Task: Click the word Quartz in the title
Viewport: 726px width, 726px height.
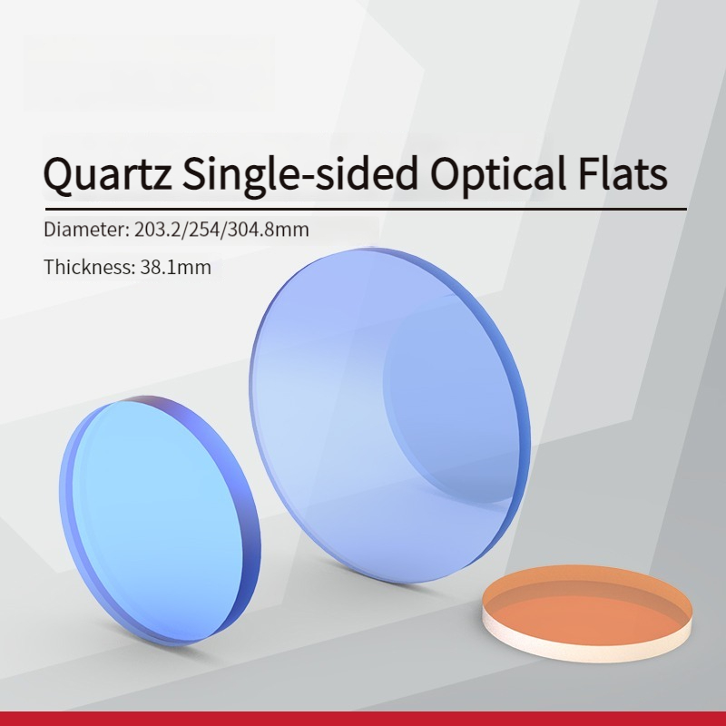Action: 107,174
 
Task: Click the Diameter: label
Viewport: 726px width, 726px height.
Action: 86,230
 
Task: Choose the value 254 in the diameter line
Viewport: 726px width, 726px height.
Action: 202,230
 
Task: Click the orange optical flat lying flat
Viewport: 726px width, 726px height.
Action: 587,612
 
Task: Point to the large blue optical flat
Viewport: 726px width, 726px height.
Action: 390,415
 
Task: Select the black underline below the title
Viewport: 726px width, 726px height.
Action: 366,210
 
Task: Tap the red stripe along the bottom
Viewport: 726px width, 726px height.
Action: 363,719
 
